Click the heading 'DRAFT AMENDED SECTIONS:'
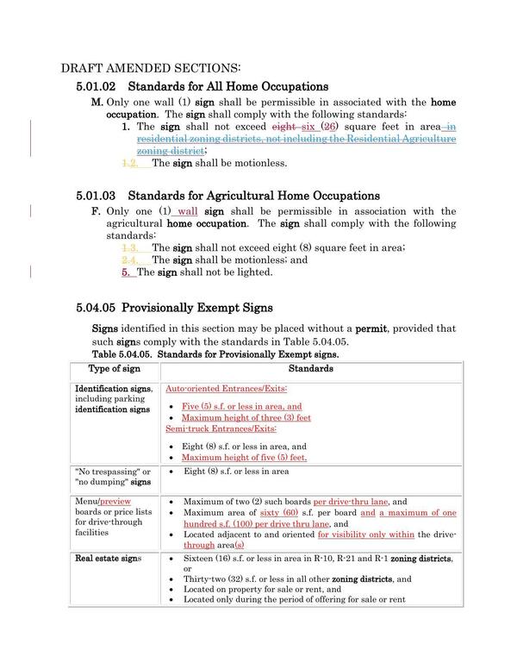(x=151, y=68)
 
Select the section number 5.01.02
(x=97, y=86)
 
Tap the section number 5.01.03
(x=97, y=196)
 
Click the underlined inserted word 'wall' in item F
(x=186, y=211)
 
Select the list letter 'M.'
(x=97, y=102)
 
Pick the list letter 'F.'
(x=96, y=211)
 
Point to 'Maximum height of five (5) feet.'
(x=244, y=458)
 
